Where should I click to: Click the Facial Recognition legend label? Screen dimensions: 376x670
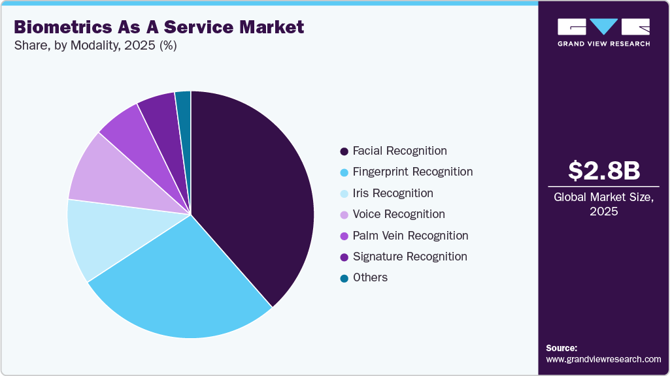click(x=399, y=151)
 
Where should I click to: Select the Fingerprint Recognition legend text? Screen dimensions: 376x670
click(x=412, y=172)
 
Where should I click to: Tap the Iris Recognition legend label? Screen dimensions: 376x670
click(x=392, y=193)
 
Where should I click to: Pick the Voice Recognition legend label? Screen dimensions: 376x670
click(x=399, y=214)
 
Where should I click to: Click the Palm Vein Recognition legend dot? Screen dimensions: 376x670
click(x=344, y=236)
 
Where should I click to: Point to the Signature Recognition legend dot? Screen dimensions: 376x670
click(x=344, y=257)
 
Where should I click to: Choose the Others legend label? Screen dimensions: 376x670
click(x=370, y=277)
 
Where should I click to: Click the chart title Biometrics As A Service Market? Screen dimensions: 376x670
click(x=159, y=27)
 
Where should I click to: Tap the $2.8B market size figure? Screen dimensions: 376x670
click(x=603, y=171)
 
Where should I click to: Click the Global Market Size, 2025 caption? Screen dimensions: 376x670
click(x=603, y=204)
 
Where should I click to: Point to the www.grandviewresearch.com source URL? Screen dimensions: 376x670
click(x=603, y=359)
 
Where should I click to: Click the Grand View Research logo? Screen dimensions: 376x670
click(x=603, y=32)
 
